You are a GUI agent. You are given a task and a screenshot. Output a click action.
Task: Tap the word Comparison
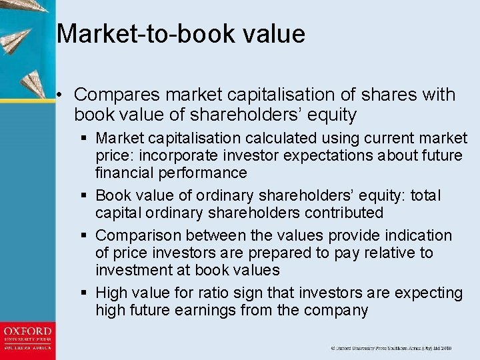tap(139, 235)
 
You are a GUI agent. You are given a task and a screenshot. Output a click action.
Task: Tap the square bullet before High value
tap(85, 292)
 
